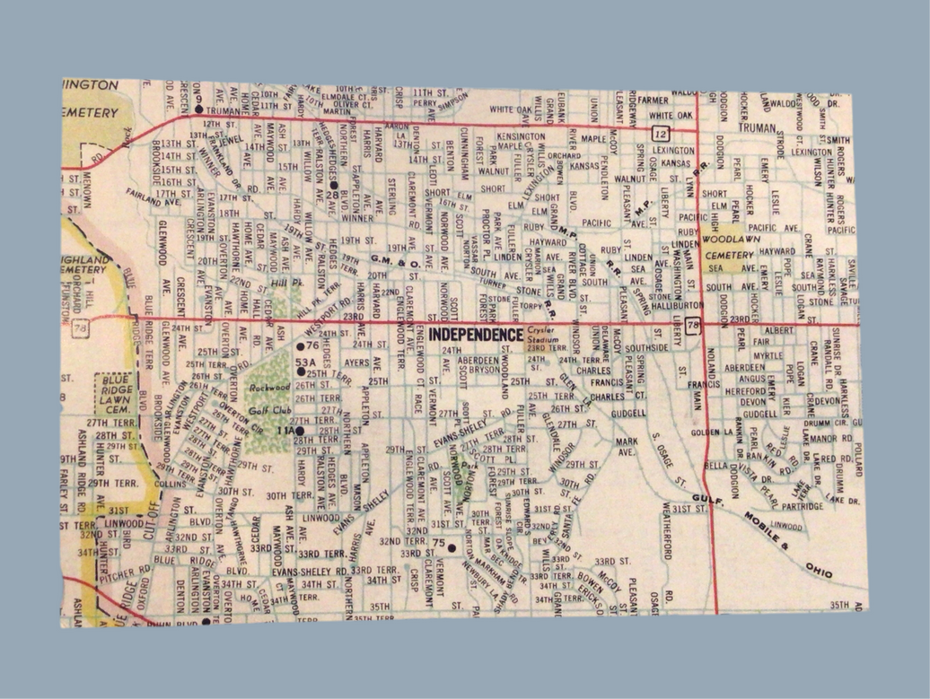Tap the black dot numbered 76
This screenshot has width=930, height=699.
[302, 345]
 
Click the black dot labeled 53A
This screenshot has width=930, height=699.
[301, 371]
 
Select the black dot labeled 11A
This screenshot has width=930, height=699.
[301, 432]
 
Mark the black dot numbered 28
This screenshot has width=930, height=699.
[334, 185]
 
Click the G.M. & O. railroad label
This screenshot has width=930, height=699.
[397, 261]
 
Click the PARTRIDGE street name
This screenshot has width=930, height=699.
[801, 506]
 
